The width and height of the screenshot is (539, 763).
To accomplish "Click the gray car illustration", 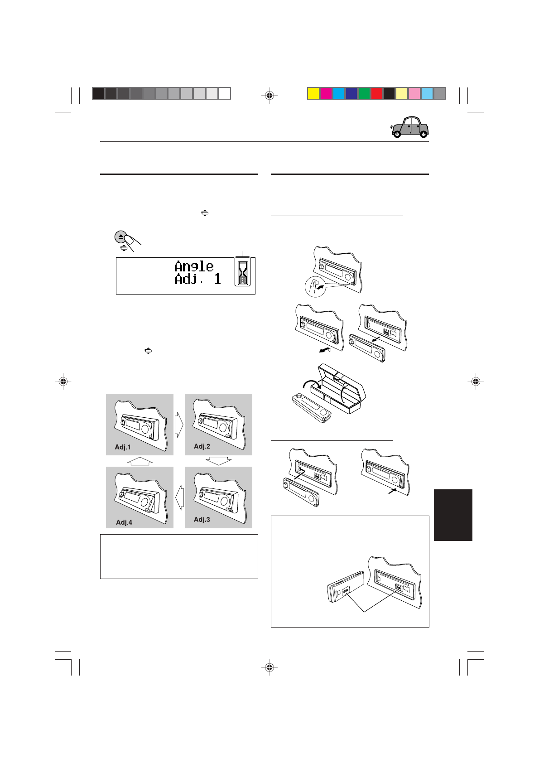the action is click(410, 127).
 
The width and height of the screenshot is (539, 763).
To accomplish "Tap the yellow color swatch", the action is click(313, 93).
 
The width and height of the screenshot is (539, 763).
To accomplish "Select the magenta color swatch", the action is click(326, 93).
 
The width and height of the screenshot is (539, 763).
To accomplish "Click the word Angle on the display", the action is click(194, 266).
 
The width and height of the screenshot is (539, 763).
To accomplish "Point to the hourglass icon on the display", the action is click(243, 272).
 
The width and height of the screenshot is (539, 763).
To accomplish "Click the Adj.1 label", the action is click(123, 447).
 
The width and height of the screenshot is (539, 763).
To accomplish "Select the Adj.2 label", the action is click(202, 446).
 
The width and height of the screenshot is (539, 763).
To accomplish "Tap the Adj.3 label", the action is click(202, 519).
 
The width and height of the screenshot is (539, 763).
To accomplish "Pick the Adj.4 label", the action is click(124, 522).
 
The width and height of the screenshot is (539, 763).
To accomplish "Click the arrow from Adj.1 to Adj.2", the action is click(179, 425).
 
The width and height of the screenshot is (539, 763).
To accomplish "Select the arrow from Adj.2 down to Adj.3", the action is click(218, 461).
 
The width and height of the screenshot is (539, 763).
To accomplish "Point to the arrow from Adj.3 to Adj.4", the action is click(179, 497).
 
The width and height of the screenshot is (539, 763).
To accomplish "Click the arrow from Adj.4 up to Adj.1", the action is click(140, 461).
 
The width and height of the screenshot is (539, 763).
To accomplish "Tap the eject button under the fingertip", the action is click(120, 237).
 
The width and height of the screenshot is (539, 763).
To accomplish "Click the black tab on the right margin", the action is click(453, 515).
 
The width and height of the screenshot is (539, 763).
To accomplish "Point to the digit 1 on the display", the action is click(217, 279).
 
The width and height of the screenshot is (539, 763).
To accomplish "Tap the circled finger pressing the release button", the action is click(316, 287).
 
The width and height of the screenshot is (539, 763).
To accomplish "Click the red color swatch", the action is click(376, 93).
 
